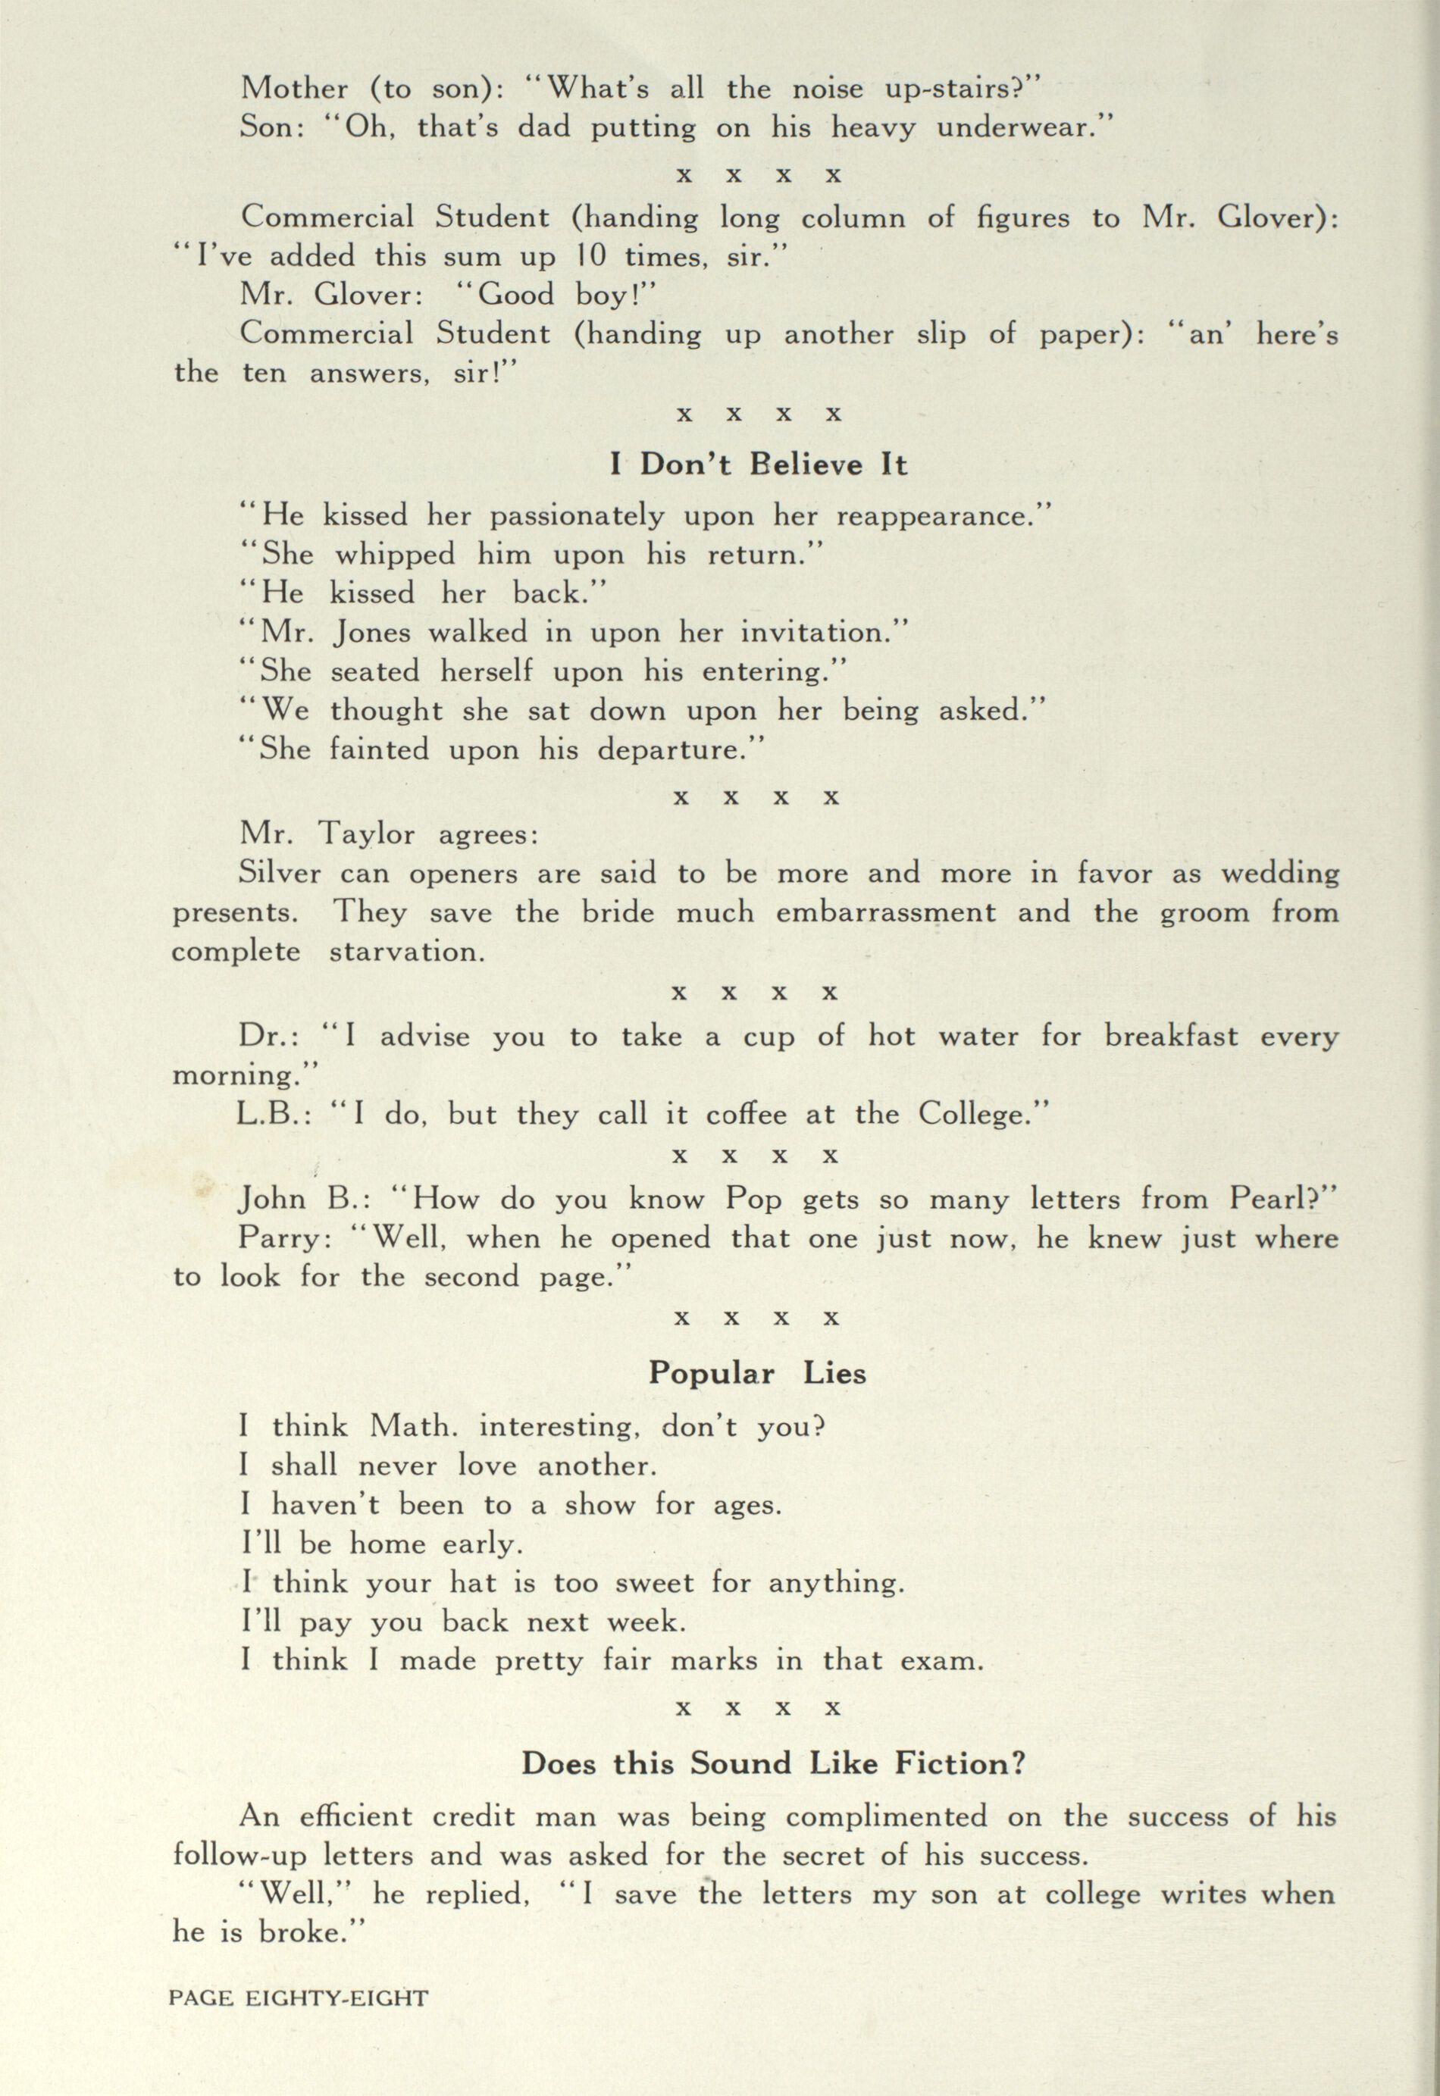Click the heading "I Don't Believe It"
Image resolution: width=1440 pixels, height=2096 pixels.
click(x=758, y=465)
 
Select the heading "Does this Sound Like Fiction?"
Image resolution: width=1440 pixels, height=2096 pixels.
click(x=773, y=1763)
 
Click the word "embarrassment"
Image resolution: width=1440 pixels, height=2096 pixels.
click(x=886, y=912)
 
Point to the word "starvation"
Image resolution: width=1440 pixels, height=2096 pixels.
click(x=406, y=953)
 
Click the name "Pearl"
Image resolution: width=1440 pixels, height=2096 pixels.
click(x=1266, y=1200)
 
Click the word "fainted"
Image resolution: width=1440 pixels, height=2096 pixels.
click(x=380, y=750)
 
